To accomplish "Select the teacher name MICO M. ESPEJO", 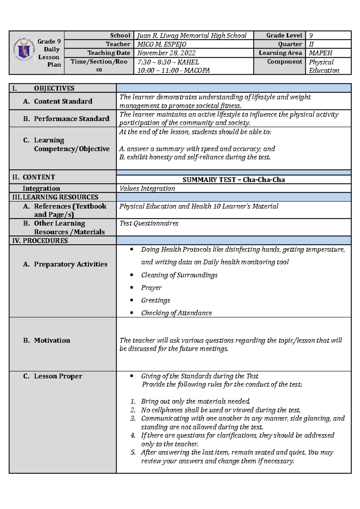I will coord(161,44).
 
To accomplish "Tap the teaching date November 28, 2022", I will coord(166,53).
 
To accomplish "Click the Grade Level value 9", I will coord(311,35).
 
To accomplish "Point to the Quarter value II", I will coord(311,44).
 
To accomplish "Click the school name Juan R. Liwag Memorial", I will coord(191,35).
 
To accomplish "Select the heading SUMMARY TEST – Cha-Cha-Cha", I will coord(233,180).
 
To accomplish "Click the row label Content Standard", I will coord(63,101).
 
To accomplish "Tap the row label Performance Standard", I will coord(71,119).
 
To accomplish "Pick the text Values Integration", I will coord(147,188).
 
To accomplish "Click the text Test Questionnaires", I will coord(149,223).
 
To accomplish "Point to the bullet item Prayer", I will coord(151,288).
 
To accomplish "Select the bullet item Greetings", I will coord(155,300).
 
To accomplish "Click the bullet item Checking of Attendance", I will coord(176,313).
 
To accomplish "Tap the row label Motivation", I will coord(52,340).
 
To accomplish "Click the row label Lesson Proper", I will coord(58,376).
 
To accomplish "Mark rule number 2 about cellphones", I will coord(220,410).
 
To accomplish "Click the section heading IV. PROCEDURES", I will coord(40,240).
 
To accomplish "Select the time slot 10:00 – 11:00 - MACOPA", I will coord(173,70).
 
